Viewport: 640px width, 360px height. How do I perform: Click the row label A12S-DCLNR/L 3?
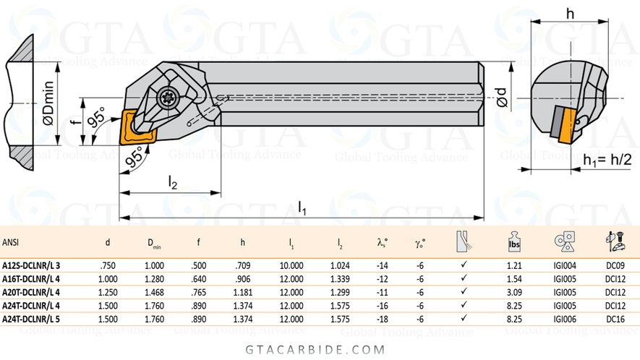pos(31,265)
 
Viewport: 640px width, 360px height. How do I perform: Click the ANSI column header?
pos(11,241)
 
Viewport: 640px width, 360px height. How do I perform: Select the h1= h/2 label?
pos(608,159)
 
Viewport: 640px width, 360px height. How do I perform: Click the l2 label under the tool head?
pos(172,184)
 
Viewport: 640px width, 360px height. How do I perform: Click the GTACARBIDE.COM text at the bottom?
pos(320,348)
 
